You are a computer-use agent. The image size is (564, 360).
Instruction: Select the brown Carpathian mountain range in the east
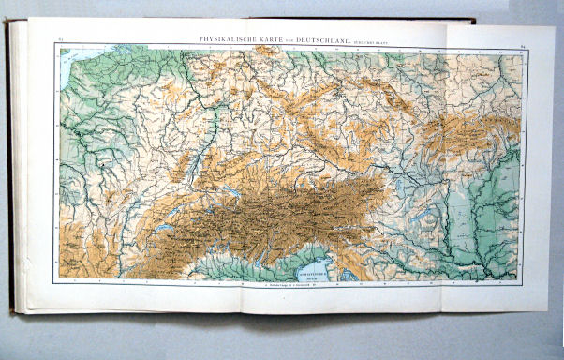pos(468,131)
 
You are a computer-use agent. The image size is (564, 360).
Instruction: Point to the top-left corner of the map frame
pos(55,45)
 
